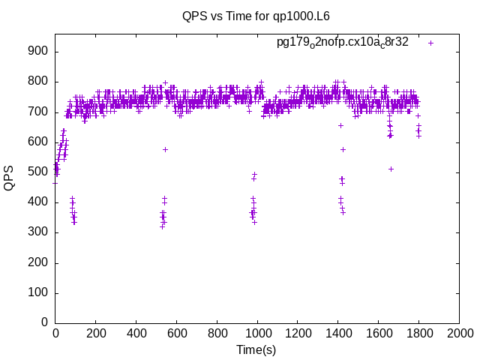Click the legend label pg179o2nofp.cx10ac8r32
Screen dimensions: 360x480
(x=343, y=43)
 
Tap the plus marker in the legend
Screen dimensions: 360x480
(x=430, y=43)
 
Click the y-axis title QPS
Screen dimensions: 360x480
(x=10, y=178)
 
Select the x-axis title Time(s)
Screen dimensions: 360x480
(x=256, y=349)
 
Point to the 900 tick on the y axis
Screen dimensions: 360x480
(x=39, y=52)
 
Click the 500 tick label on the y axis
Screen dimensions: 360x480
(x=39, y=172)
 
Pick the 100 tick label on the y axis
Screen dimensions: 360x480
(x=39, y=292)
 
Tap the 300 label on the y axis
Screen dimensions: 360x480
(x=39, y=232)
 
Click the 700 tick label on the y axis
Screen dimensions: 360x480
(x=39, y=112)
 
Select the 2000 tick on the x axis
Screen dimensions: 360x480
(x=459, y=332)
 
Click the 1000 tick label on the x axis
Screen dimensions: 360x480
(x=257, y=332)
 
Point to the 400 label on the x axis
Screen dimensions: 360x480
(x=136, y=332)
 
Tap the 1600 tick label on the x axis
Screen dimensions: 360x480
(x=379, y=332)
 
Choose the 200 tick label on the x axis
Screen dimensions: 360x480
(x=96, y=332)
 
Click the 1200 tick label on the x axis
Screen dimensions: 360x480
(x=298, y=332)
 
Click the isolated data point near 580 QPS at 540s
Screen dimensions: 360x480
(x=165, y=149)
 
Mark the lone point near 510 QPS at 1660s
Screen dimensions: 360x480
(x=391, y=169)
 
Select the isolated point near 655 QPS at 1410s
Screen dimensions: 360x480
(x=340, y=125)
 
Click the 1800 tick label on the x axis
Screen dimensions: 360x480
(x=419, y=332)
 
